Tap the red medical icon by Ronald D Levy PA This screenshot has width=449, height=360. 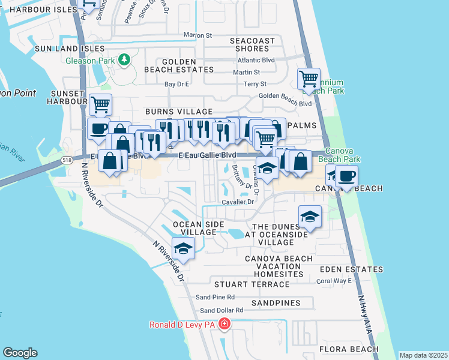224,325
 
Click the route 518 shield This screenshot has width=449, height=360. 67,160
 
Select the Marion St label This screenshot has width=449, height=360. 198,35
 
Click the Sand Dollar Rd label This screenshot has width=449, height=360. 221,310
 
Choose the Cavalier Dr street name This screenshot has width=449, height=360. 238,202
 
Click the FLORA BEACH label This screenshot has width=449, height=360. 348,349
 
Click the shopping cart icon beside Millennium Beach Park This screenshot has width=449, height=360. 309,79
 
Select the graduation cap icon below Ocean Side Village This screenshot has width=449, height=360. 184,247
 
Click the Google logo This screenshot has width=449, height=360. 20,353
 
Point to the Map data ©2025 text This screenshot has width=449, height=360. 423,355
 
